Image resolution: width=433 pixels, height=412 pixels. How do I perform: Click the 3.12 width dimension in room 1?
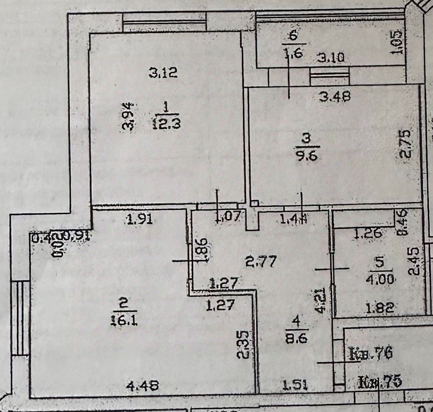(163, 73)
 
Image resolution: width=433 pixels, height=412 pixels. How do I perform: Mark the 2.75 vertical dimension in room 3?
(405, 144)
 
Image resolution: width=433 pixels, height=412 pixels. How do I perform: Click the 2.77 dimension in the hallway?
(261, 262)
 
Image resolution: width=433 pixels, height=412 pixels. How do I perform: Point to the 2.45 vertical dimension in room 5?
(416, 261)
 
